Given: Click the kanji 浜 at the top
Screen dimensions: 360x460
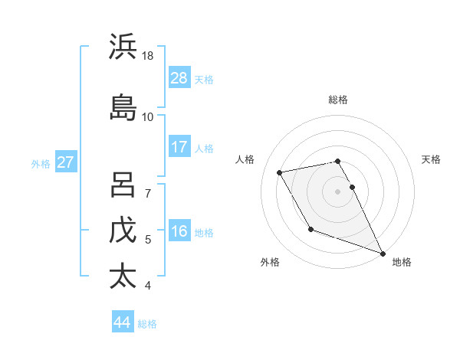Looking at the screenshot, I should (x=123, y=47).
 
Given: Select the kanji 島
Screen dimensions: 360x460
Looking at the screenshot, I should (x=123, y=106).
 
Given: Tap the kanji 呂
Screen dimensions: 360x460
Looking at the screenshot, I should (x=123, y=185).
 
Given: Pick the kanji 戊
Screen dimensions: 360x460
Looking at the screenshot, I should (x=123, y=231).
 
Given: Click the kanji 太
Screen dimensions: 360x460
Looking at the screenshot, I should (x=123, y=275).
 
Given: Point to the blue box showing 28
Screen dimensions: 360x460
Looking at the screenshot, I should (x=179, y=78).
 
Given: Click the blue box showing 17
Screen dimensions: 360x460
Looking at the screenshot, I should (x=179, y=147).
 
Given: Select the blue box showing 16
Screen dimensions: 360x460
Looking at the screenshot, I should (x=179, y=231).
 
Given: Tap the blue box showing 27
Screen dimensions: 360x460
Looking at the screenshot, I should (x=65, y=162).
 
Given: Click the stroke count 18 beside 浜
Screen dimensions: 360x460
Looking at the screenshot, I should (x=148, y=56).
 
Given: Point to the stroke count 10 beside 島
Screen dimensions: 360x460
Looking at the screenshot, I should (x=148, y=116).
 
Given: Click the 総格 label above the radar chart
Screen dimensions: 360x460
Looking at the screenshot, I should (x=338, y=100).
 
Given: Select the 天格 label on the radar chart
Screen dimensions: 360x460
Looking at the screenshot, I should (x=432, y=159).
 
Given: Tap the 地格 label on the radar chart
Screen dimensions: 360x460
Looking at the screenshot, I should (x=402, y=262).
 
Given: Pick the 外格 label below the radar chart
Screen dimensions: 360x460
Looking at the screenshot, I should (x=270, y=262).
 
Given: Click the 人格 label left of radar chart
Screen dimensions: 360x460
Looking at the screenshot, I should (x=245, y=159).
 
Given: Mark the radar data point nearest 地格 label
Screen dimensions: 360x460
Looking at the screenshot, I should (x=383, y=253).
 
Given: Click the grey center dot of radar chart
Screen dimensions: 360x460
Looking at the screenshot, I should (x=338, y=191).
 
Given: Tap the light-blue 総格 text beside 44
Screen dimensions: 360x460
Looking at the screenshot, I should (x=147, y=323).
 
